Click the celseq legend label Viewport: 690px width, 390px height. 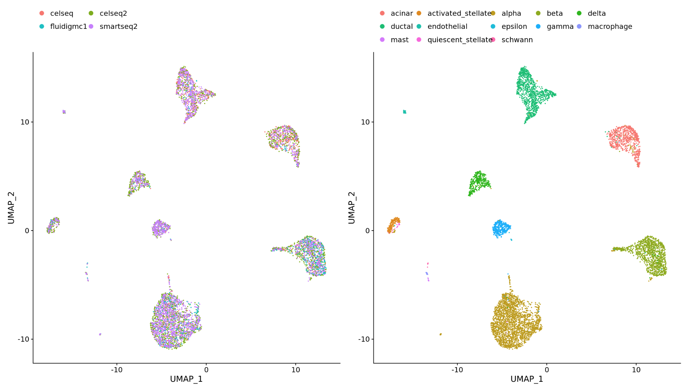(x=61, y=13)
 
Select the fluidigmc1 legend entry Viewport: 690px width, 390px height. (x=68, y=27)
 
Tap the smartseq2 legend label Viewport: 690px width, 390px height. (x=118, y=27)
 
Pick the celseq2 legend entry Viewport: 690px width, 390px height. (x=113, y=13)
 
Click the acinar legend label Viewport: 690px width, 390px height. (x=402, y=13)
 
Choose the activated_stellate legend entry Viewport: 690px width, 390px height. (x=459, y=13)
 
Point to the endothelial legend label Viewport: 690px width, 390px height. (x=447, y=27)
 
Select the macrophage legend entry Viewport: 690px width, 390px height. (x=610, y=27)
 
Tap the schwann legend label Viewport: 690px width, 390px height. (x=517, y=40)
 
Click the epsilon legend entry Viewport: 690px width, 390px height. (x=514, y=27)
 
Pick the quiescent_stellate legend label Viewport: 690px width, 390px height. (x=460, y=40)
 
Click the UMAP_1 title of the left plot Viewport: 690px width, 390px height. (x=186, y=379)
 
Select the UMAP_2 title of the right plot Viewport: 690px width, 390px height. (x=351, y=208)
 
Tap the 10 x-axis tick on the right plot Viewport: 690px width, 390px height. (x=636, y=370)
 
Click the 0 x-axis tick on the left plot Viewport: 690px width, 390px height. (x=206, y=370)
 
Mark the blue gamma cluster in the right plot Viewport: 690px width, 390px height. (x=501, y=228)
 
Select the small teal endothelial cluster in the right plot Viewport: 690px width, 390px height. (x=404, y=112)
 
